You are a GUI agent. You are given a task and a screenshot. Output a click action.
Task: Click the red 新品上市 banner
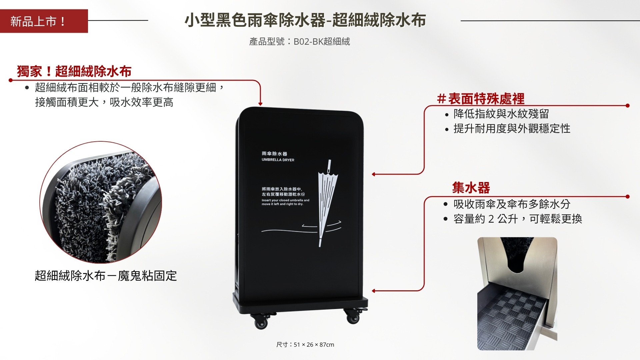[44, 21]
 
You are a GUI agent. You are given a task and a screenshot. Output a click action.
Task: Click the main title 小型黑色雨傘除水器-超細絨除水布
[305, 20]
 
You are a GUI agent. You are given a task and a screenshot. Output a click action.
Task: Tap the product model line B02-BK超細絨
[299, 41]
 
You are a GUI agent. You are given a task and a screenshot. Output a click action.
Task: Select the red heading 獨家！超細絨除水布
[74, 71]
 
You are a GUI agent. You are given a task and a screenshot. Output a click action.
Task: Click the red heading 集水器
[471, 188]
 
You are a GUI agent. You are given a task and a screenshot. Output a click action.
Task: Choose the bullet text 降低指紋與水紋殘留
[501, 114]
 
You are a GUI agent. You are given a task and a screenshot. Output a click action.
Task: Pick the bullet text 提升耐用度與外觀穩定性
[512, 128]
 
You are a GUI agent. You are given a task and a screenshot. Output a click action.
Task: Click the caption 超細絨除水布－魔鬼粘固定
[106, 276]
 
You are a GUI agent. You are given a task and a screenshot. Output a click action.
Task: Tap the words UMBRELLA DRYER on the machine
[278, 160]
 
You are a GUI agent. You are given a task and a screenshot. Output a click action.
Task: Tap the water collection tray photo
[517, 294]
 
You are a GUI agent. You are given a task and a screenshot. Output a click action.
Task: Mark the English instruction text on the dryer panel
[285, 202]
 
